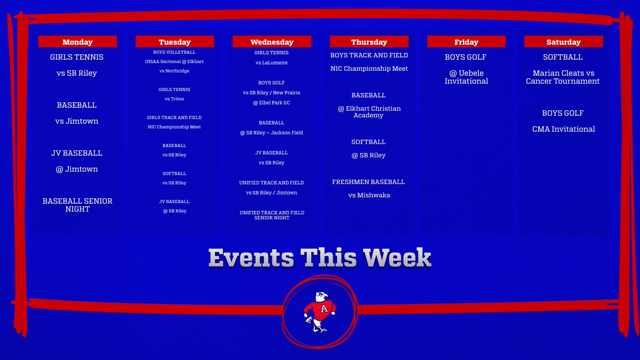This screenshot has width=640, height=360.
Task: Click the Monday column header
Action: tap(77, 42)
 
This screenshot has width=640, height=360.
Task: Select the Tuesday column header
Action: tap(174, 42)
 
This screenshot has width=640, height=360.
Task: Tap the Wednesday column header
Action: tap(271, 42)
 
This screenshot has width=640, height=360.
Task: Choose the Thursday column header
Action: tap(369, 42)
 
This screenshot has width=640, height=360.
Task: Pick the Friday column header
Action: tap(466, 42)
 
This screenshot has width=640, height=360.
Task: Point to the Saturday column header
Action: tap(563, 42)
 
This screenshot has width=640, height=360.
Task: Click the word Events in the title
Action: tap(251, 258)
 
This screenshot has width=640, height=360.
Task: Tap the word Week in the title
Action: tap(398, 258)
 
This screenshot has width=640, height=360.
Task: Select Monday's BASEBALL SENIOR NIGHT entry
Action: tap(77, 205)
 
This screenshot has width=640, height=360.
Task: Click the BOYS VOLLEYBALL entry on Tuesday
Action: tap(174, 52)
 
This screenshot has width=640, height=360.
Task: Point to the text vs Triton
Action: tap(174, 99)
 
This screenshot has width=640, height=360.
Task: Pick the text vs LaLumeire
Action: tap(271, 63)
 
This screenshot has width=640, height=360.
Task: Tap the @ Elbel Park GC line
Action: tap(271, 102)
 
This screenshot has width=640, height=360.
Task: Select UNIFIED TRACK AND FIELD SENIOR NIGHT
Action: tap(271, 215)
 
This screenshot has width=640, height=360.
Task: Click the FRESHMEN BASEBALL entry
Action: tap(369, 182)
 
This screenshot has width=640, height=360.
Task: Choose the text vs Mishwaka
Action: tap(369, 195)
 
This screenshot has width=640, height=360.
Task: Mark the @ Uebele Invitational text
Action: tap(466, 77)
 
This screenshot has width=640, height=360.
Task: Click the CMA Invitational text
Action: tap(563, 129)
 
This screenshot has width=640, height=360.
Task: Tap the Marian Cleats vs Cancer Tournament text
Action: tap(563, 77)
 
